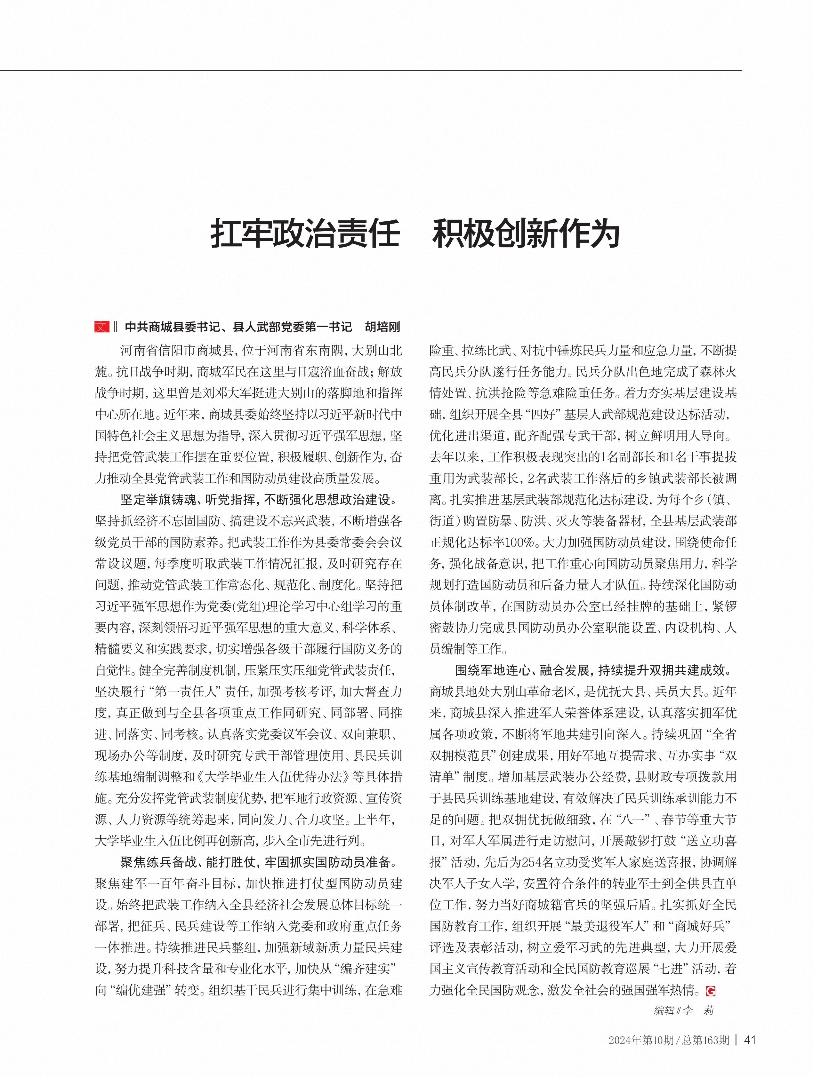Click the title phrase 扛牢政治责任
point(305,234)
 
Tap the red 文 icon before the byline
point(102,327)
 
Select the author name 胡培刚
point(382,327)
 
